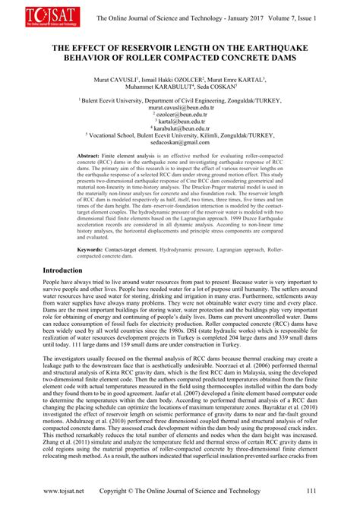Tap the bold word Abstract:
click(94, 155)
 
